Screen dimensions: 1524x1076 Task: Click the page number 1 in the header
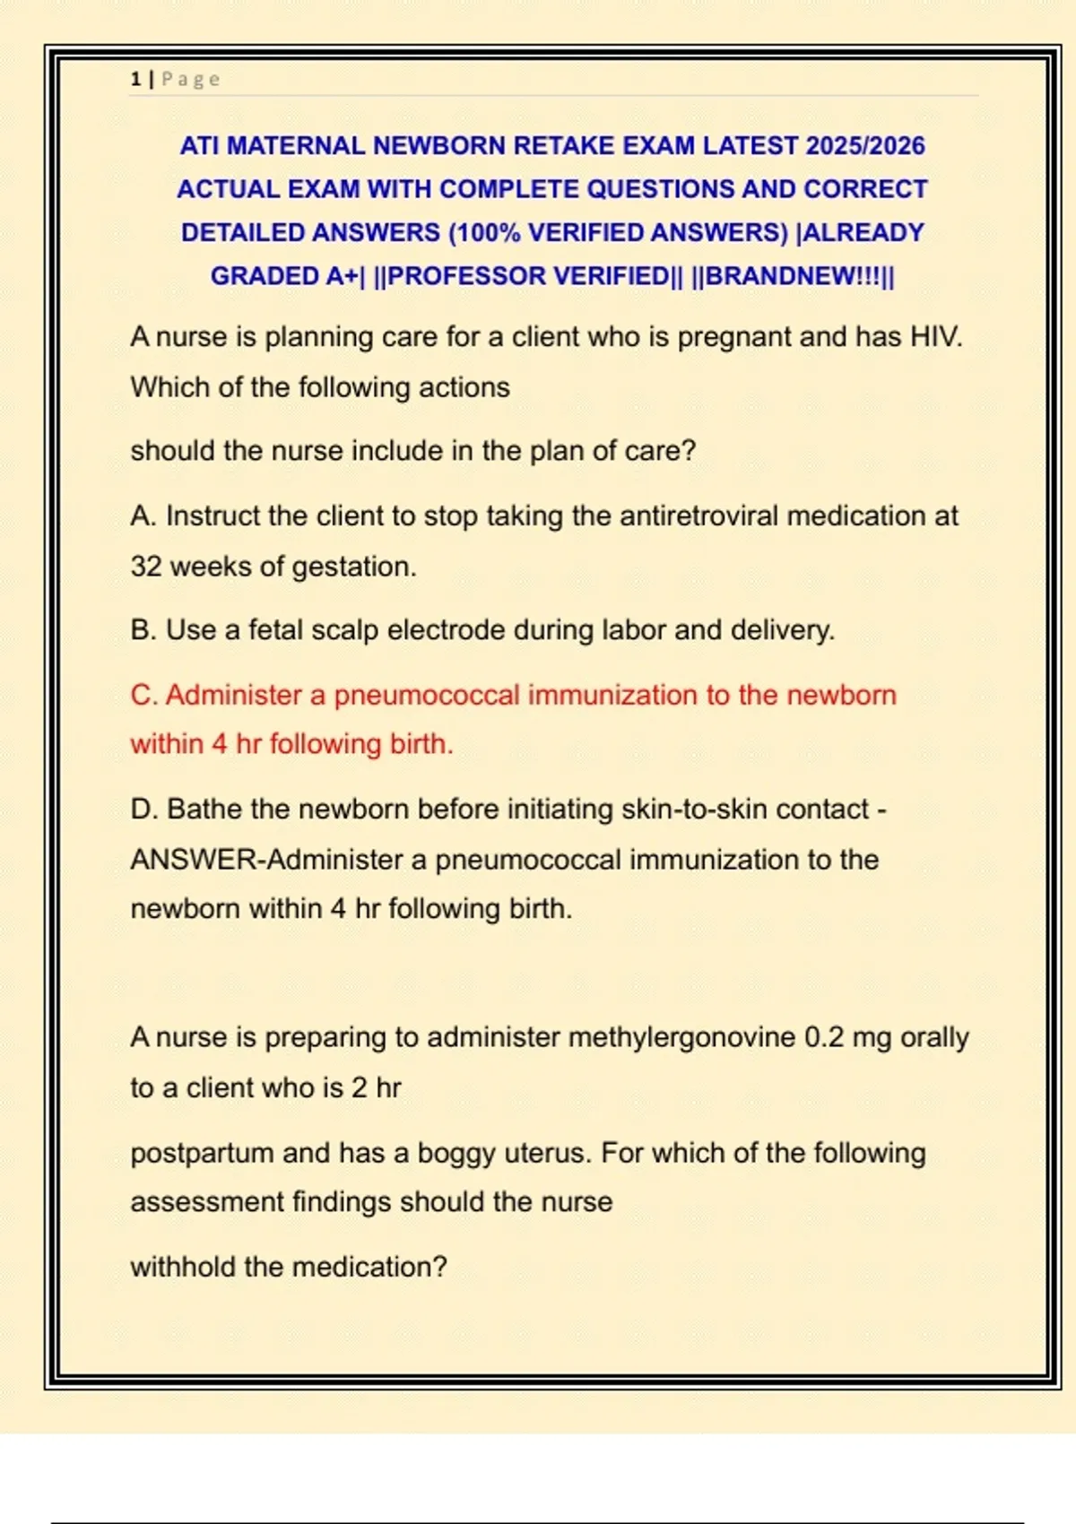[135, 79]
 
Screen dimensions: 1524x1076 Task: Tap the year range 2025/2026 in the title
[865, 145]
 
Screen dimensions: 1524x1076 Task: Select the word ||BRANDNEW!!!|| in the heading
[793, 275]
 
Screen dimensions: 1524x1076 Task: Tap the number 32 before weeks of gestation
[146, 567]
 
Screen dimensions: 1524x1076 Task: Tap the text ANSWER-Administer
[267, 860]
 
